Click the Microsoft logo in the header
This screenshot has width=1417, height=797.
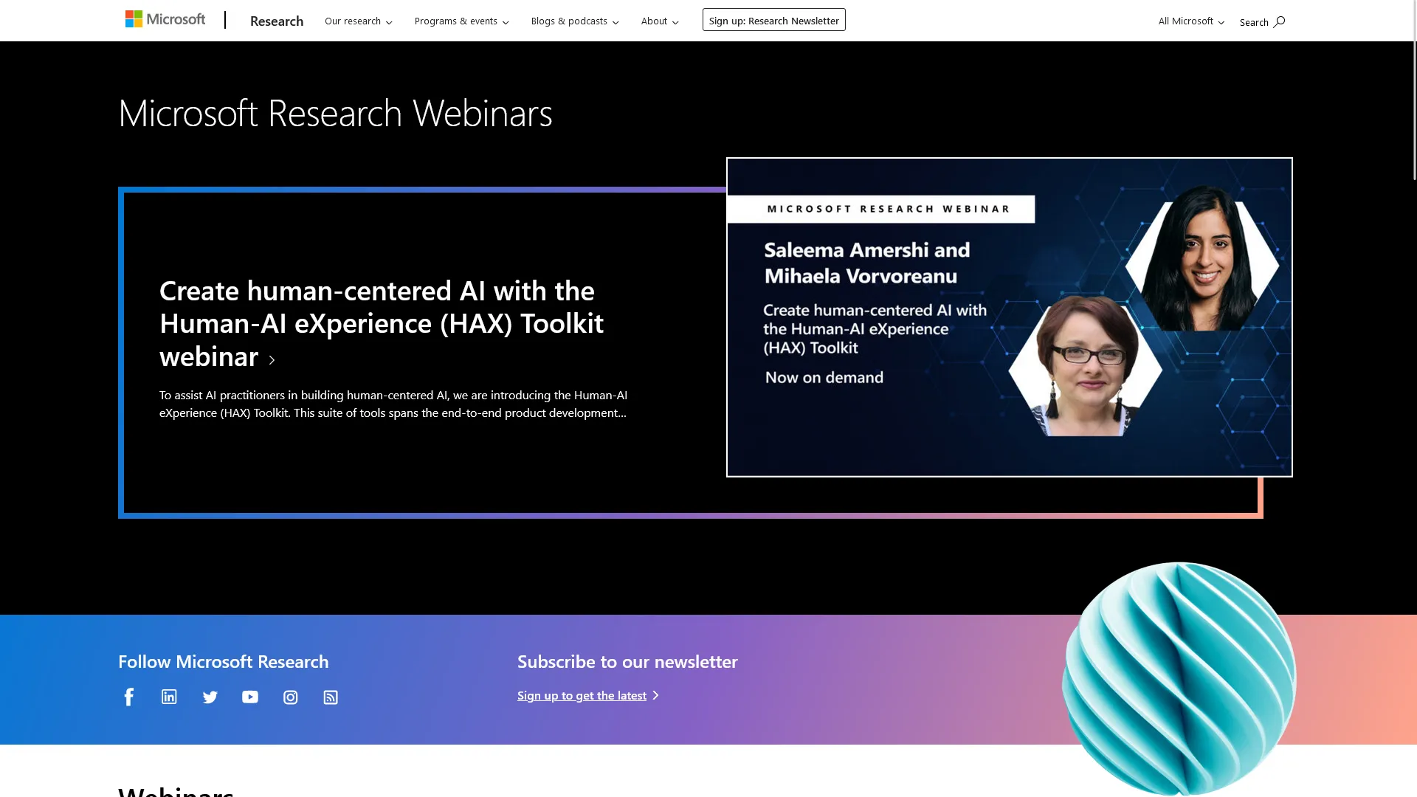tap(165, 19)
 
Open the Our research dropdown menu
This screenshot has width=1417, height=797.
tap(358, 21)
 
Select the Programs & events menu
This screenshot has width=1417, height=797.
tap(461, 21)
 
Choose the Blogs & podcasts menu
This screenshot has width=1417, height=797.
tap(574, 21)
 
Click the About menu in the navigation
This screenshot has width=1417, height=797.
tap(659, 21)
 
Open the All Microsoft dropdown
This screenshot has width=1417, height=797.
tap(1190, 21)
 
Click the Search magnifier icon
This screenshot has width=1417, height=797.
tap(1279, 21)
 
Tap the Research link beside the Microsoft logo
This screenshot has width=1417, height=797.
tap(277, 21)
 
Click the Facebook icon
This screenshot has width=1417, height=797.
tap(129, 697)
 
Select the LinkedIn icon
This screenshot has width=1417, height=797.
tap(169, 697)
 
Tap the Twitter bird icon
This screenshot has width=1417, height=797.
tap(210, 697)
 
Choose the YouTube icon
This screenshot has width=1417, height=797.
tap(250, 697)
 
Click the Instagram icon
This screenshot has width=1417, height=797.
tap(291, 697)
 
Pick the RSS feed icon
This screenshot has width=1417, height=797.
tap(331, 697)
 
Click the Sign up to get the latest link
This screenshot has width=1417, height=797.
tap(582, 695)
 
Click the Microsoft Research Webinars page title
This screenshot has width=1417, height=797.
tap(335, 113)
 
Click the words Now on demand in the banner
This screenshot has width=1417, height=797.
tap(824, 377)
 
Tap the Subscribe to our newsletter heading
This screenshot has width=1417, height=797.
tap(627, 661)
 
